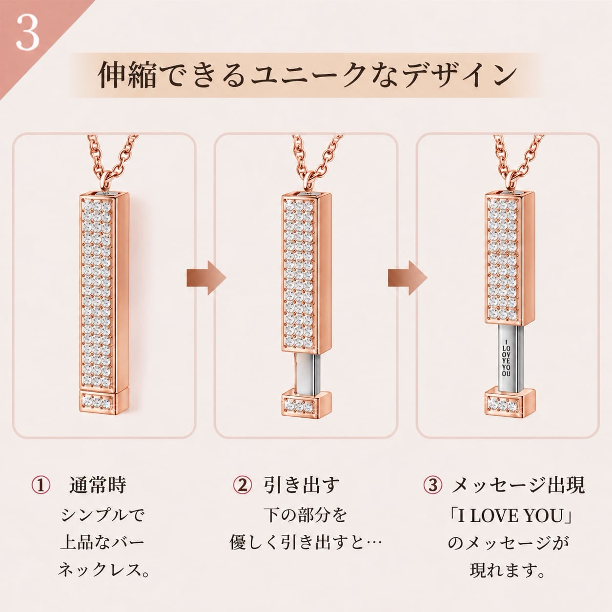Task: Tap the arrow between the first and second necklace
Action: point(206,278)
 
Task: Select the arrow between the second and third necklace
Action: point(408,278)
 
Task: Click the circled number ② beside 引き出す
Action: point(243,485)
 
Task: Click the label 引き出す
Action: point(301,485)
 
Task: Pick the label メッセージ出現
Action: point(518,485)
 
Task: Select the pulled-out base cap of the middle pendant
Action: point(307,404)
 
